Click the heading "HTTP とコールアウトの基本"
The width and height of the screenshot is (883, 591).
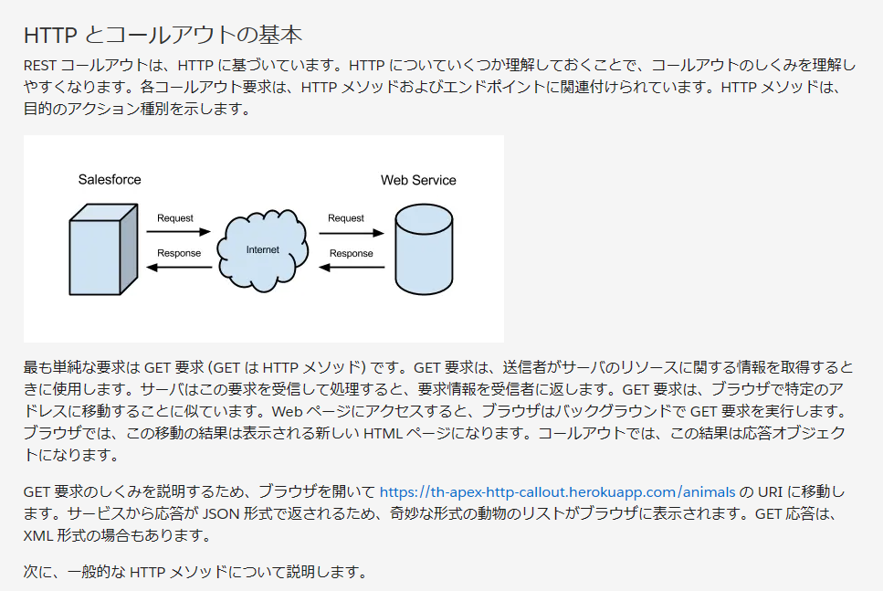tap(162, 35)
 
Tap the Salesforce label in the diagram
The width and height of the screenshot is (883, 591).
tap(110, 180)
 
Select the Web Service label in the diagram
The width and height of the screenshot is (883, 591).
tap(418, 180)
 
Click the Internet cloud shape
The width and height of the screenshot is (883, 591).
tap(262, 248)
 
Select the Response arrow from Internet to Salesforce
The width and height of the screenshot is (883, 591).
tap(179, 268)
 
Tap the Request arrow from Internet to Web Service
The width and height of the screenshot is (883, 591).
tap(352, 234)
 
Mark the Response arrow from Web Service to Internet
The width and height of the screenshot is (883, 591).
tap(352, 268)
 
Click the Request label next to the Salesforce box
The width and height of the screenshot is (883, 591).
tap(174, 218)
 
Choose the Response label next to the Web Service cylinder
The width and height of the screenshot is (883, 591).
tap(352, 253)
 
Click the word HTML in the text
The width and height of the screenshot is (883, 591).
tap(381, 433)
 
